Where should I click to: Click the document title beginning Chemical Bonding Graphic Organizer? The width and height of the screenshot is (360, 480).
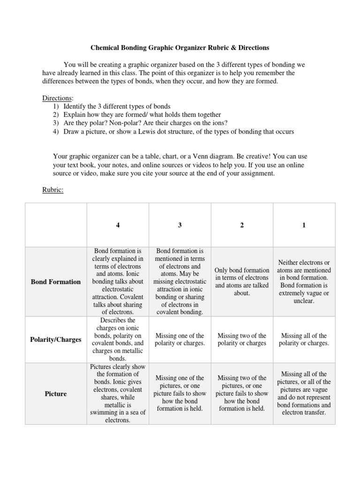click(x=180, y=48)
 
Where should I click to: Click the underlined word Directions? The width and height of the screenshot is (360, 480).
click(x=58, y=98)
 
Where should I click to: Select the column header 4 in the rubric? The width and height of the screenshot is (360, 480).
click(x=118, y=225)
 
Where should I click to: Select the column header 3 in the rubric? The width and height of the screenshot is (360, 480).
click(x=180, y=225)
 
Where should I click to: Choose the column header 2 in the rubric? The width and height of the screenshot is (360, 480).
click(x=242, y=225)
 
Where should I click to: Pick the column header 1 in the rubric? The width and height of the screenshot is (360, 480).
click(x=304, y=225)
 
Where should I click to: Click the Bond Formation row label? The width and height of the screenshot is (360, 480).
click(x=56, y=282)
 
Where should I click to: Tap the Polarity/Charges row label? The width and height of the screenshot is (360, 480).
click(x=56, y=339)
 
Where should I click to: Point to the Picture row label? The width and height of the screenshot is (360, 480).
click(x=56, y=394)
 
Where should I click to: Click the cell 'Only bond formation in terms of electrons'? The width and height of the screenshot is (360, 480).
click(x=242, y=282)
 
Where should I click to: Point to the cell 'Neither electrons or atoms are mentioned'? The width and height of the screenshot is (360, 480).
click(x=304, y=282)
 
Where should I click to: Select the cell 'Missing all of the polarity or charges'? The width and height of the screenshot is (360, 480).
click(x=304, y=339)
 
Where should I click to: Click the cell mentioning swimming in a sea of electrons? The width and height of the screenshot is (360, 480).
click(x=118, y=394)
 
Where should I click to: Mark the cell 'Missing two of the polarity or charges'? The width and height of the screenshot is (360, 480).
click(x=242, y=339)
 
